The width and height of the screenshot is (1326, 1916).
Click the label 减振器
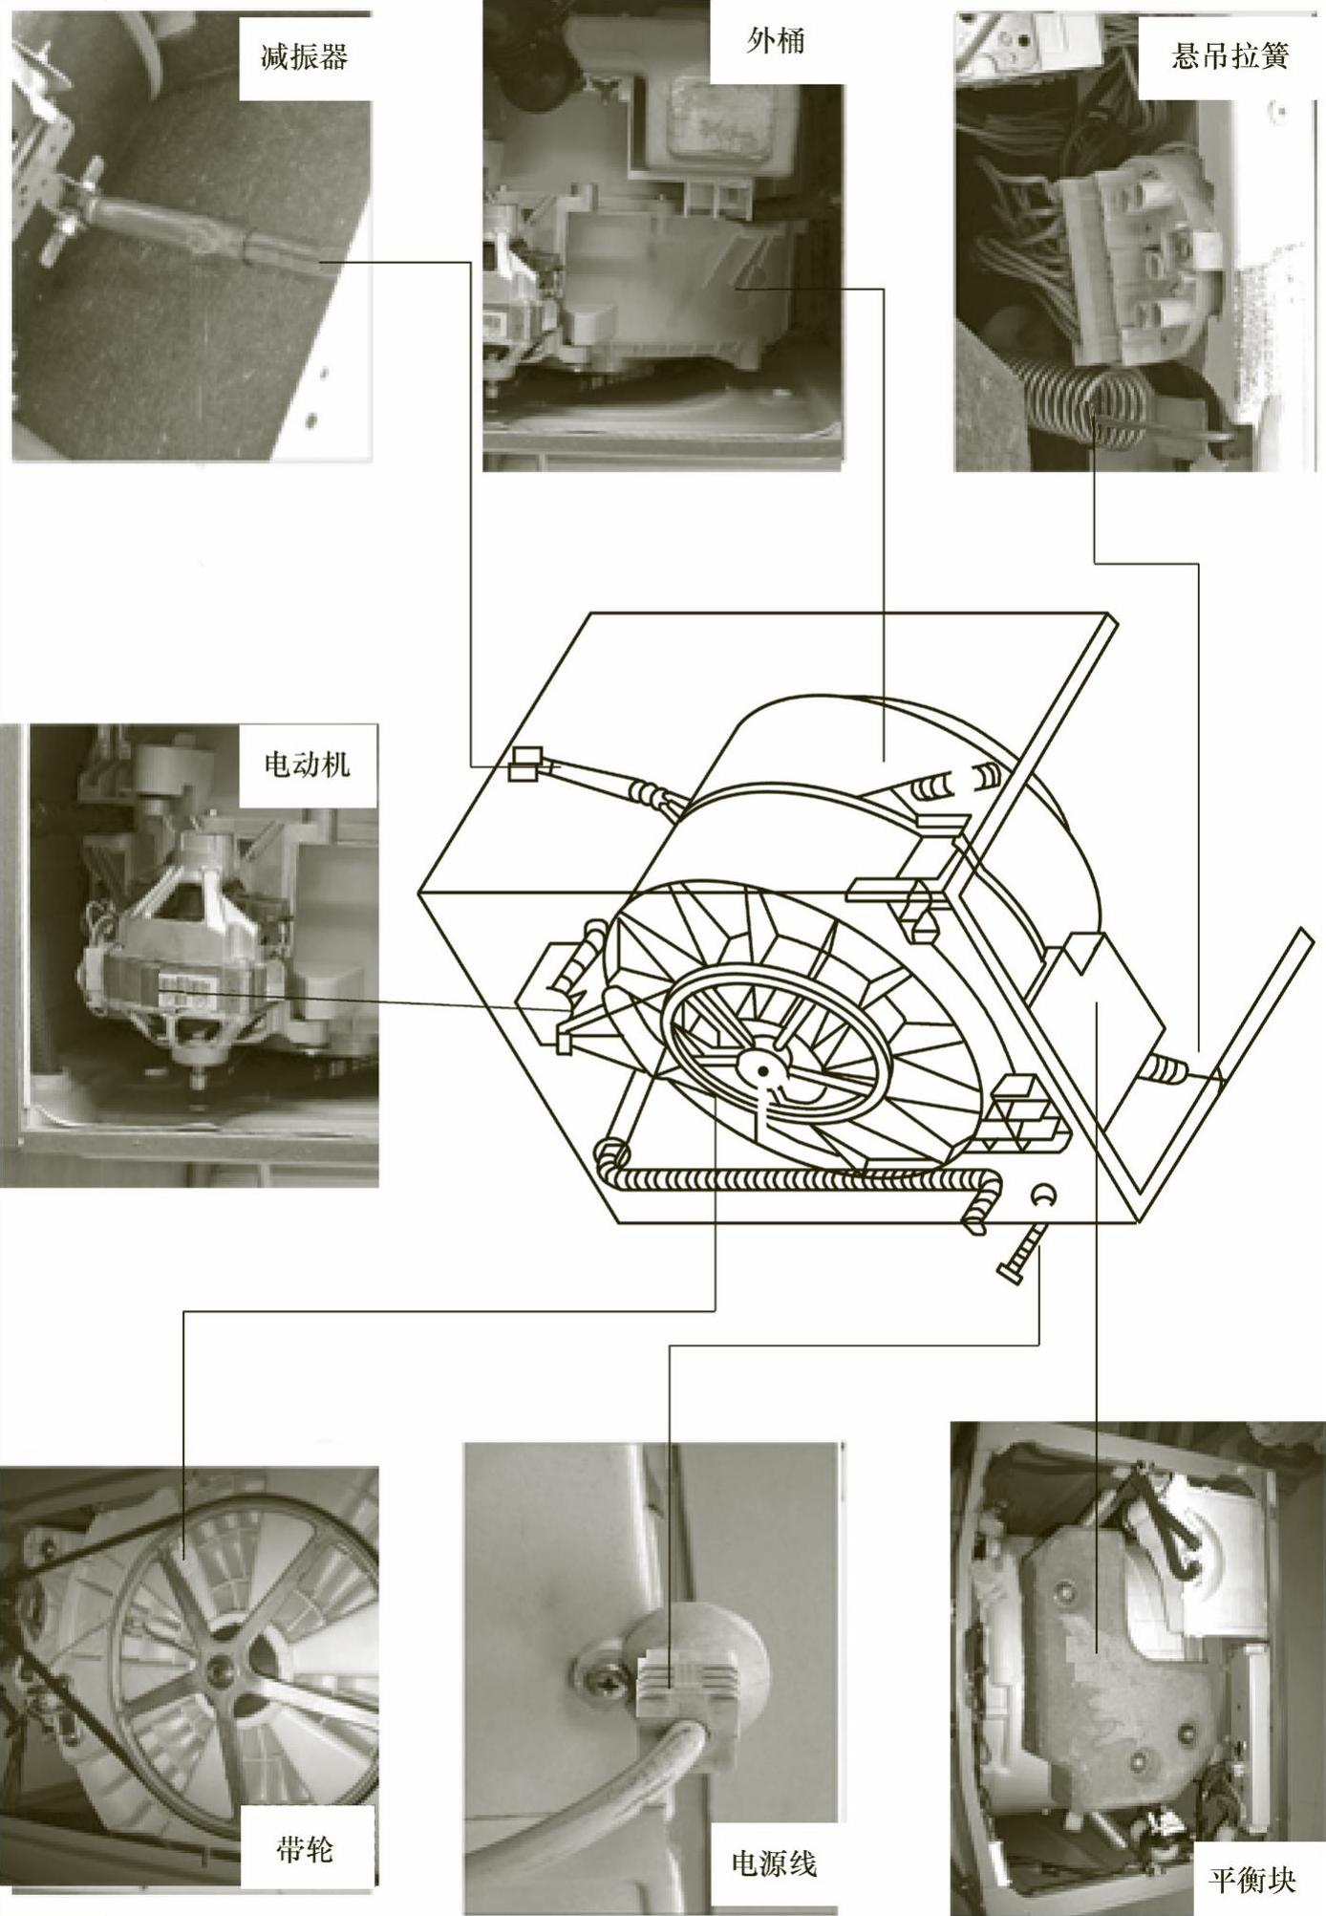pyautogui.click(x=305, y=57)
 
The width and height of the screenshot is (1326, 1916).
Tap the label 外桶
pyautogui.click(x=775, y=41)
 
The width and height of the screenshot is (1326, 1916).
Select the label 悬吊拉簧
pyautogui.click(x=1230, y=56)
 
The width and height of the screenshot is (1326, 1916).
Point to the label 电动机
pyautogui.click(x=307, y=764)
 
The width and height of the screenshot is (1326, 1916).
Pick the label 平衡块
pyautogui.click(x=1251, y=1854)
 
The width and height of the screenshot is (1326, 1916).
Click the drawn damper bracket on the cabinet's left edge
pyautogui.click(x=524, y=764)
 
